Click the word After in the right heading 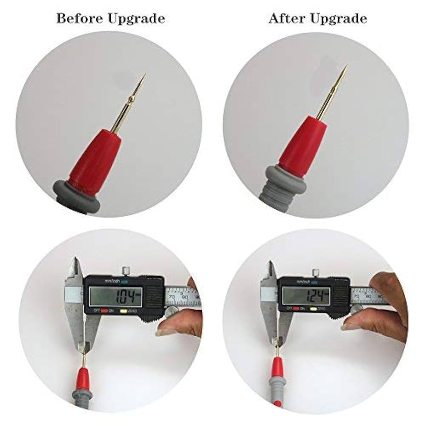tap(284, 19)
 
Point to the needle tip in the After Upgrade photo tap(346, 66)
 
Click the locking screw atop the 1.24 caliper tap(315, 272)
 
